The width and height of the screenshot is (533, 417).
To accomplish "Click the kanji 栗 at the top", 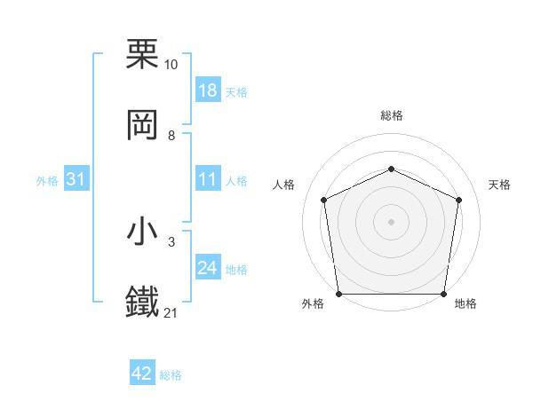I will (x=143, y=54).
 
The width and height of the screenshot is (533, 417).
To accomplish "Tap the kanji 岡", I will (x=143, y=125).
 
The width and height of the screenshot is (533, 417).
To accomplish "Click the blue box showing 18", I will (x=207, y=90).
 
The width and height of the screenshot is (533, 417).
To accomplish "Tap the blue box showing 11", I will (x=207, y=180).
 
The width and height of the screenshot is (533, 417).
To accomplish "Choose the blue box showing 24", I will (x=207, y=269).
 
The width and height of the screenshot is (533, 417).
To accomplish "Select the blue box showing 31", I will (x=76, y=180).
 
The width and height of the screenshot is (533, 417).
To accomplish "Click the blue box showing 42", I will (x=142, y=374).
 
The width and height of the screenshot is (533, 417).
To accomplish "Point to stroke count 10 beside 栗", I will (x=171, y=65).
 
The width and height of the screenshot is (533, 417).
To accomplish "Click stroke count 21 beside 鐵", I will (x=171, y=313).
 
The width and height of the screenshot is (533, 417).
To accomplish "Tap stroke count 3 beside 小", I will (x=171, y=242).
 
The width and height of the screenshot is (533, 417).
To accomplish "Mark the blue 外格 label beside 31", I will (x=47, y=181).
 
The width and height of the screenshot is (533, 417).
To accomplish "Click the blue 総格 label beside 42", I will (x=171, y=375).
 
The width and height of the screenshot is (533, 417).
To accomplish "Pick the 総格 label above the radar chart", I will (x=392, y=115).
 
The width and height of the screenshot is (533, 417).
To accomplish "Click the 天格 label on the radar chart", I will (x=500, y=185).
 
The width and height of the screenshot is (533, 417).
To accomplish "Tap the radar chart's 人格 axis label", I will (x=283, y=185).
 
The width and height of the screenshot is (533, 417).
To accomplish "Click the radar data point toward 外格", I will (x=338, y=294).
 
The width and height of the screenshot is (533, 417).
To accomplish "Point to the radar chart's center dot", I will (x=391, y=221).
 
